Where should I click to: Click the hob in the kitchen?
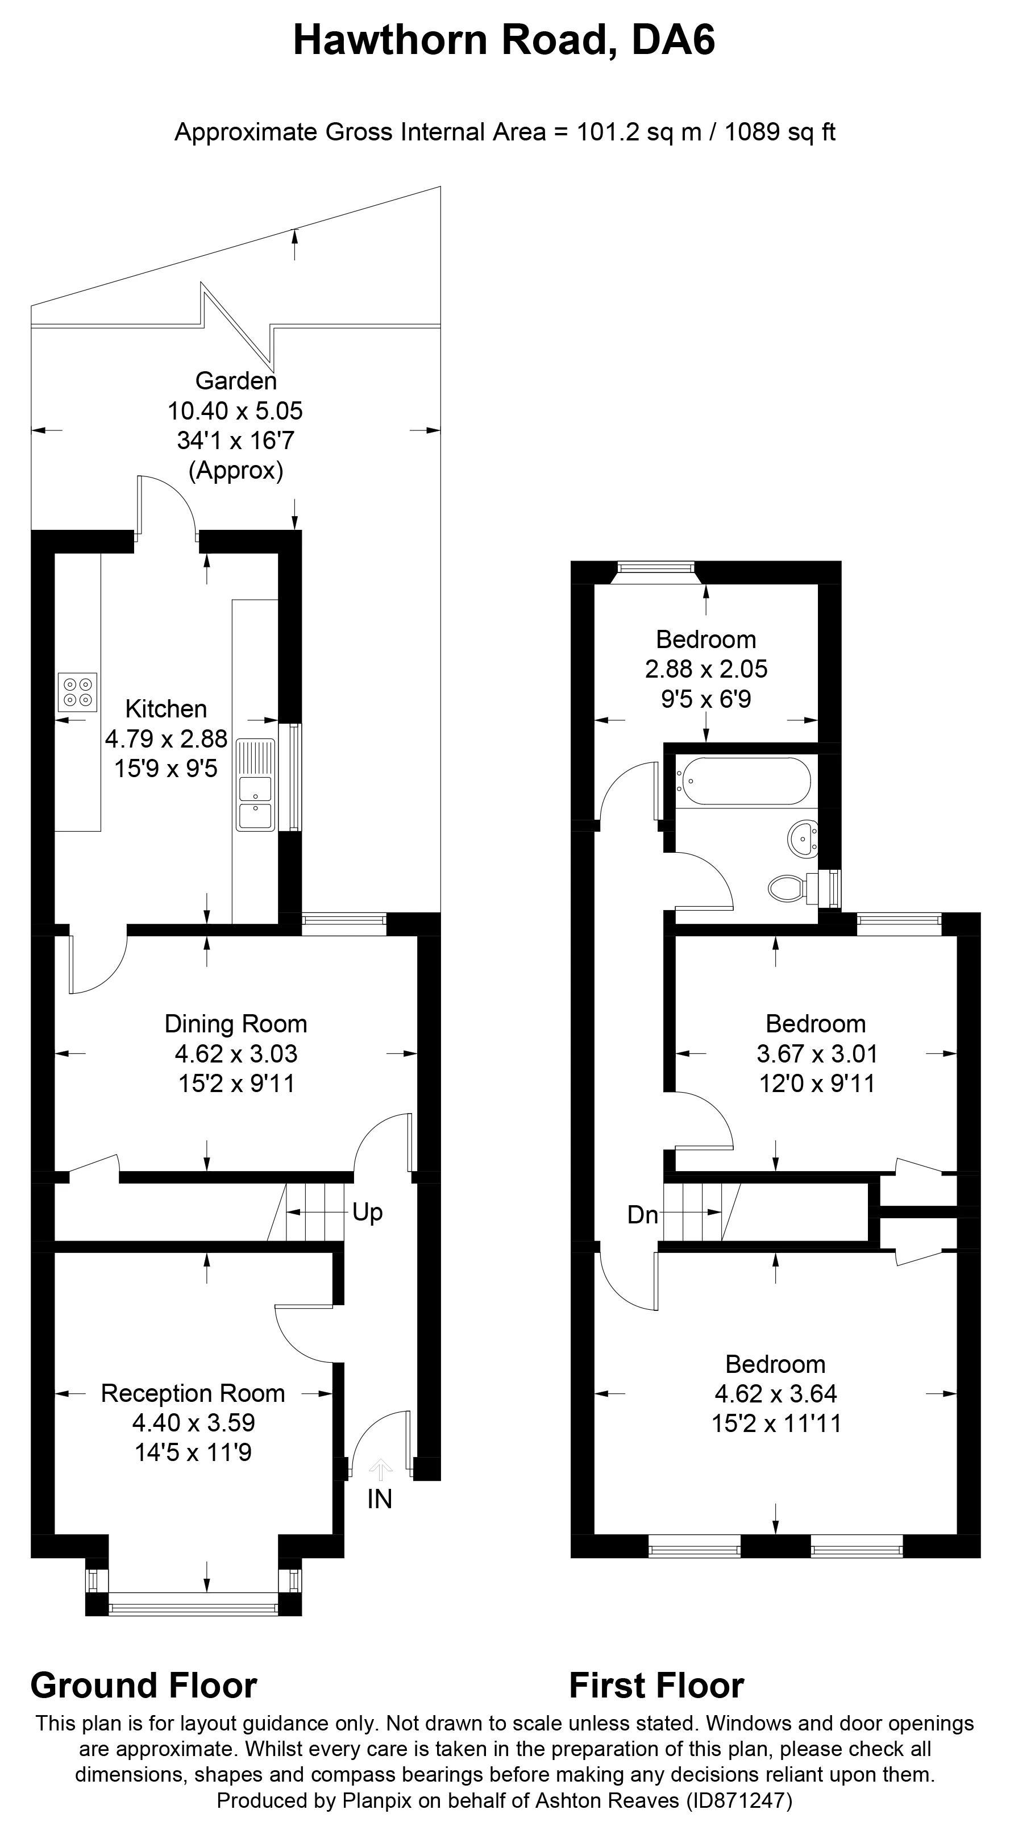78,692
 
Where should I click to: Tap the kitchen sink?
255,785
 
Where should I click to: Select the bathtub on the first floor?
743,782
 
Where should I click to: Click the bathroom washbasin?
802,840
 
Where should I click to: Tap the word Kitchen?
166,709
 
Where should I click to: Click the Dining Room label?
236,1024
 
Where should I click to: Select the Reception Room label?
193,1393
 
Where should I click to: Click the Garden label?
236,381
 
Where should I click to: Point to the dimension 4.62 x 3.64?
776,1393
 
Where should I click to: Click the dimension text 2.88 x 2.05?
706,669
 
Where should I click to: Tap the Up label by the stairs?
367,1213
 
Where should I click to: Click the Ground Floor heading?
144,1686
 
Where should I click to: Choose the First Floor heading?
656,1686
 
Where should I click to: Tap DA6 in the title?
674,40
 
